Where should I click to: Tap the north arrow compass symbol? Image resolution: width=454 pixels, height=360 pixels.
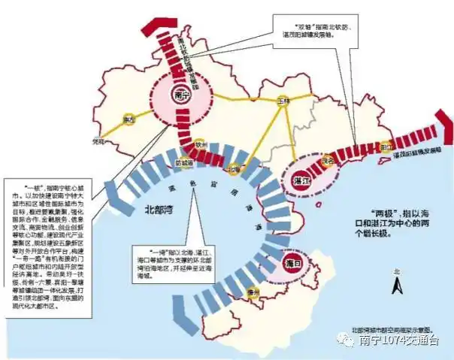coord(397,283)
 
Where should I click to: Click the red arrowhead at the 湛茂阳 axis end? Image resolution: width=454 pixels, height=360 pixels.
coord(447,132)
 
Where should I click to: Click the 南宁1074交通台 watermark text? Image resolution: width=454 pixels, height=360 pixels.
coord(398,343)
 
